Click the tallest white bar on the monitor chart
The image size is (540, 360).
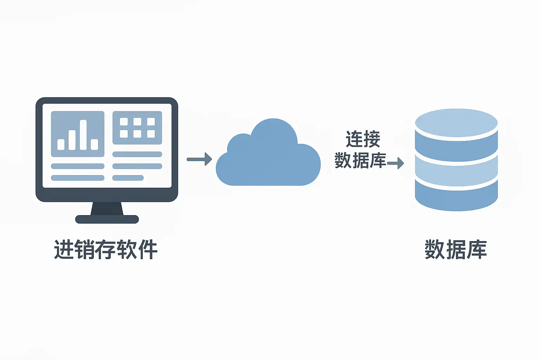[x=83, y=135]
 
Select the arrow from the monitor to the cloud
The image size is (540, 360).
[x=199, y=159]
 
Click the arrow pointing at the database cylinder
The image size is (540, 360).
[x=396, y=163]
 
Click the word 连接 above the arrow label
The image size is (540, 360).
[x=363, y=139]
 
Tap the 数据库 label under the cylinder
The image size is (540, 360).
[x=456, y=250]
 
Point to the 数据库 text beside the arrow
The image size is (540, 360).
[x=360, y=161]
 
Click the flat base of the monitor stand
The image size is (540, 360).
[x=107, y=219]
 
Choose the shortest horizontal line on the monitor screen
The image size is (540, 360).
[x=128, y=178]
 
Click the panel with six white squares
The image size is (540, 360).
[x=137, y=128]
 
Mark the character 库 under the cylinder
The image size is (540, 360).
[x=477, y=250]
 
